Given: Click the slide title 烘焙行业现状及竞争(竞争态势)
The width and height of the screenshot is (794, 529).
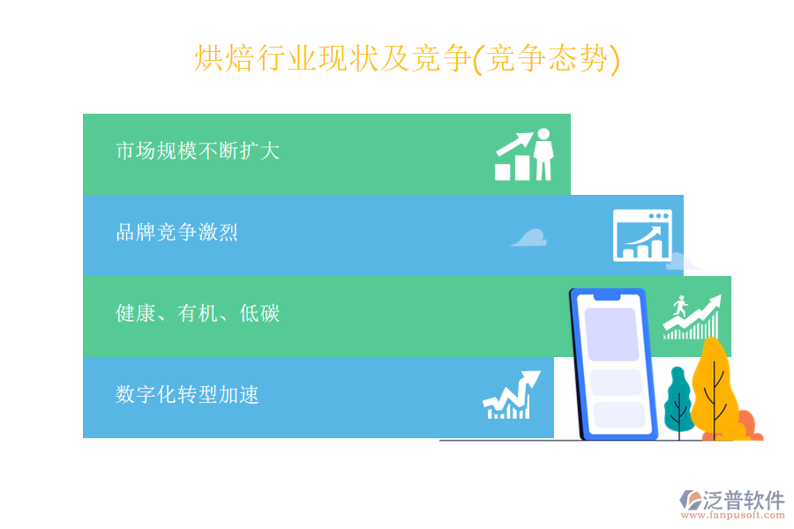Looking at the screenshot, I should [x=407, y=59].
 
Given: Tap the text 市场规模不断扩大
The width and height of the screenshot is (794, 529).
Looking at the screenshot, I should [x=198, y=151].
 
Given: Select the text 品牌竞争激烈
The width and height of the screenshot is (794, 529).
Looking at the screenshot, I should [x=176, y=232].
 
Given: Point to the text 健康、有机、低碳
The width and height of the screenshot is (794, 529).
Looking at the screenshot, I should [x=198, y=313].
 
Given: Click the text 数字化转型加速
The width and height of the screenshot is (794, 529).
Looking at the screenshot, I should [x=187, y=394].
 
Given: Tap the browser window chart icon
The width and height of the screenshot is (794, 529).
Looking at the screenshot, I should [x=642, y=235].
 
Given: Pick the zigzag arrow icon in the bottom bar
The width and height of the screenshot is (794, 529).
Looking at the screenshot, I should [x=511, y=396].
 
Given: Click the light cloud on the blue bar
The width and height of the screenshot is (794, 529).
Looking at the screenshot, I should [x=528, y=237].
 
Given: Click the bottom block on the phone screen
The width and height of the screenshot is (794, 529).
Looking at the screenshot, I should [x=618, y=414].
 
